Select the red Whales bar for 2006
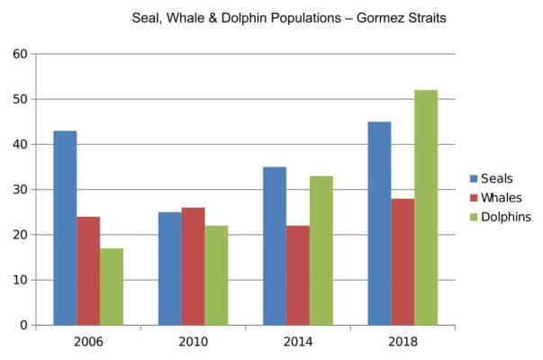(x=88, y=270)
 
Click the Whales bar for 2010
(x=193, y=266)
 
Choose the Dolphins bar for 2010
(x=216, y=275)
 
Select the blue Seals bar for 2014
(x=275, y=246)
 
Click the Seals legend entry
(x=498, y=178)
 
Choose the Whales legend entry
(x=502, y=197)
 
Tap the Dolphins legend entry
(x=505, y=216)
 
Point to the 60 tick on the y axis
(x=19, y=54)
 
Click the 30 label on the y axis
(x=19, y=190)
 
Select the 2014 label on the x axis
(x=298, y=343)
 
